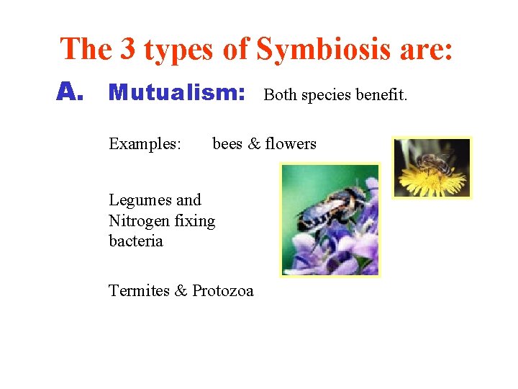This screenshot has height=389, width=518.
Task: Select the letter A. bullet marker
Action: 71,92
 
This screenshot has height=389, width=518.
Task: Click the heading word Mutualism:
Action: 177,93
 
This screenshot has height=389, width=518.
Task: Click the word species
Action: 329,95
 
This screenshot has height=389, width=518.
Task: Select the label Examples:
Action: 145,144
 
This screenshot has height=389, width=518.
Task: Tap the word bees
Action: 227,143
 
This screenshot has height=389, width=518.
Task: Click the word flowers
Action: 291,143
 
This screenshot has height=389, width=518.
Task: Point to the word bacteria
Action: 135,241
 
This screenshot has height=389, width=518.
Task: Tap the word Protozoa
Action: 223,290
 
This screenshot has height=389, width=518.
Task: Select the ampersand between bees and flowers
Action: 254,143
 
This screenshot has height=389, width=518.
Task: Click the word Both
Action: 281,94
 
